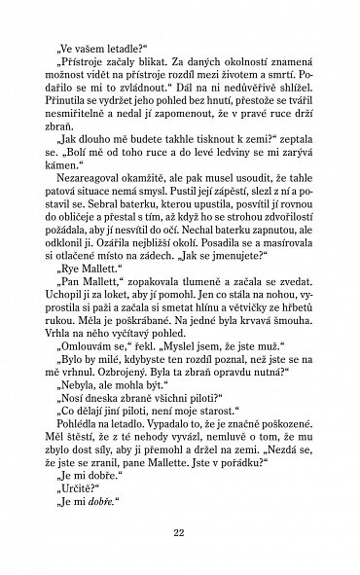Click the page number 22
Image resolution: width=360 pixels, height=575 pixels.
tap(179, 532)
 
